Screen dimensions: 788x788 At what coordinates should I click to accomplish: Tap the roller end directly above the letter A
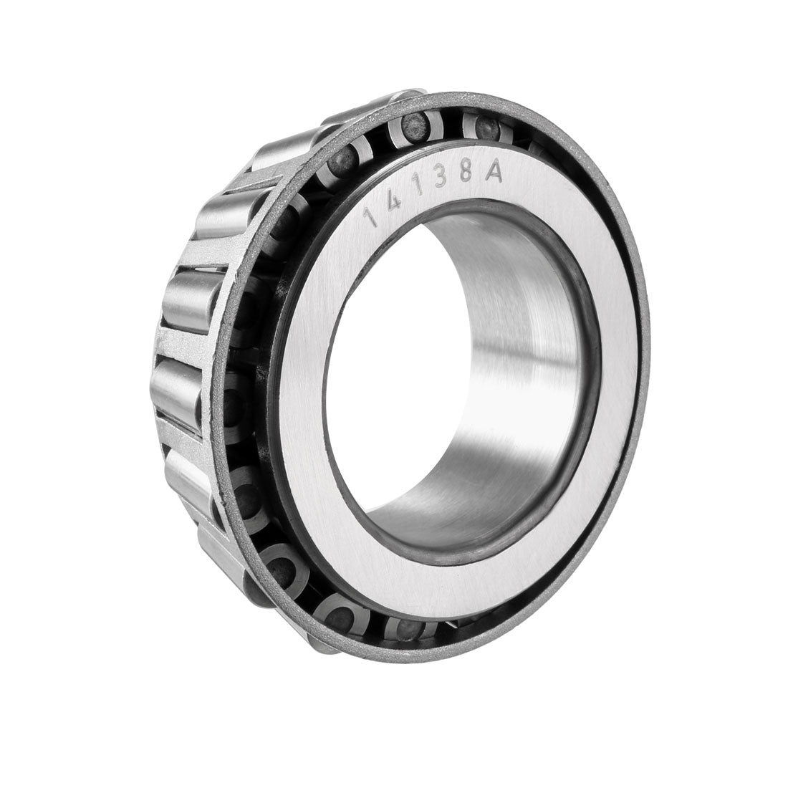tap(487, 129)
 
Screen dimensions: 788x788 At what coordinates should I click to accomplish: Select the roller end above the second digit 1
tap(408, 126)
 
